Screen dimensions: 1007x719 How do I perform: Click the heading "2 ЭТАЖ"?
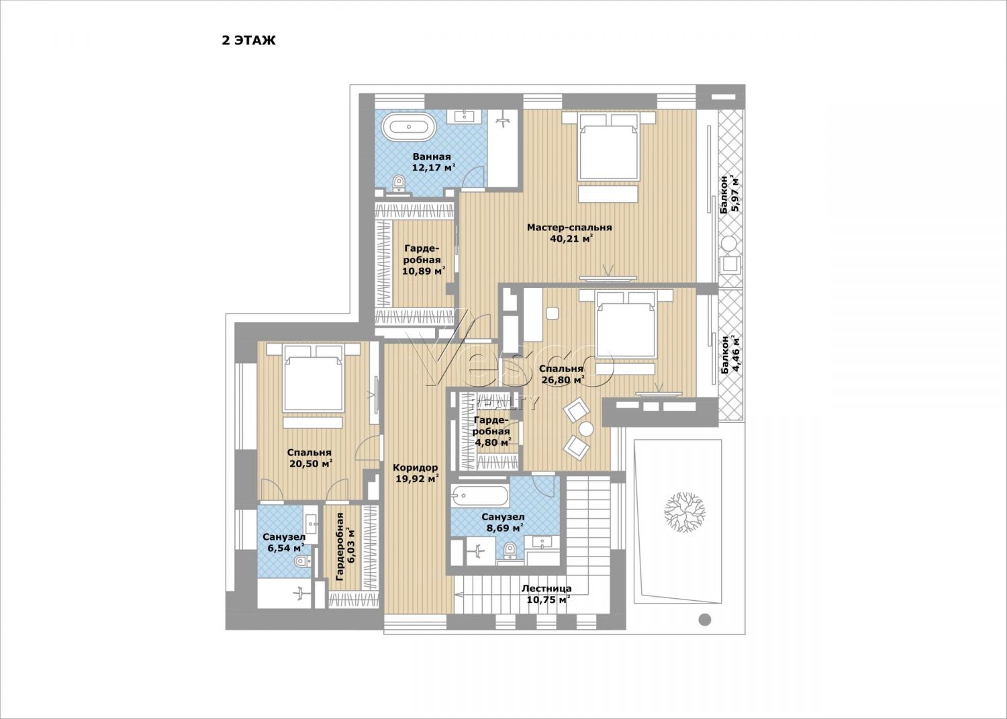tap(248, 40)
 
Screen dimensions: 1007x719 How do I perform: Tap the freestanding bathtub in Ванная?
tap(409, 127)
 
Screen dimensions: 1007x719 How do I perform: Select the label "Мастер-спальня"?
tap(569, 227)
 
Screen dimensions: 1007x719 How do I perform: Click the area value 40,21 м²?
tap(571, 238)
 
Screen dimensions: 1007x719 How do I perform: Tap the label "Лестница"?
tap(546, 588)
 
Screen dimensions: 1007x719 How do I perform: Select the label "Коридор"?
tap(414, 468)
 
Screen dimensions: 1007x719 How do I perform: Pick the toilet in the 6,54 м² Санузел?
tap(301, 561)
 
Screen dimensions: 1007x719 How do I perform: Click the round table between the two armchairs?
tap(586, 429)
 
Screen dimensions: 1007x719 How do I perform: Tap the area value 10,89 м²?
tap(424, 271)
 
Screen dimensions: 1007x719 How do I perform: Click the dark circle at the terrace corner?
tap(705, 620)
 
